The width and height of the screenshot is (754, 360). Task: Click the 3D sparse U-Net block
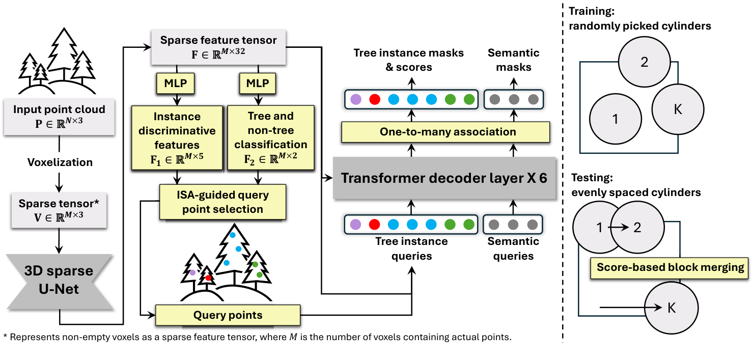pyautogui.click(x=60, y=281)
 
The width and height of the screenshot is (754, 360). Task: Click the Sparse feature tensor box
pyautogui.click(x=218, y=47)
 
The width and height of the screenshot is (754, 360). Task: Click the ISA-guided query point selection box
pyautogui.click(x=223, y=202)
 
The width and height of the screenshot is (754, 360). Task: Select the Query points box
pyautogui.click(x=228, y=315)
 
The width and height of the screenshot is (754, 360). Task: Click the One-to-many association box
pyautogui.click(x=448, y=132)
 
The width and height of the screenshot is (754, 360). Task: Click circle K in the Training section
pyautogui.click(x=678, y=109)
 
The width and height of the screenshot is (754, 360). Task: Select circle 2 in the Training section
pyautogui.click(x=644, y=62)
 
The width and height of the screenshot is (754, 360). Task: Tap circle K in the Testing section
pyautogui.click(x=671, y=308)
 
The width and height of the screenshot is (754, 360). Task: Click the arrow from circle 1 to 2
pyautogui.click(x=618, y=228)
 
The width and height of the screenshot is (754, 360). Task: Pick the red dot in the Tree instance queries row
pyautogui.click(x=375, y=225)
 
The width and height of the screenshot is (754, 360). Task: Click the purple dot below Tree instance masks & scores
pyautogui.click(x=355, y=98)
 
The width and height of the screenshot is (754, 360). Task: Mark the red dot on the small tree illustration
pyautogui.click(x=208, y=278)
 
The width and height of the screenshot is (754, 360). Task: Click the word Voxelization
pyautogui.click(x=60, y=162)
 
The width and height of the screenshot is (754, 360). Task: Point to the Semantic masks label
pyautogui.click(x=513, y=60)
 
